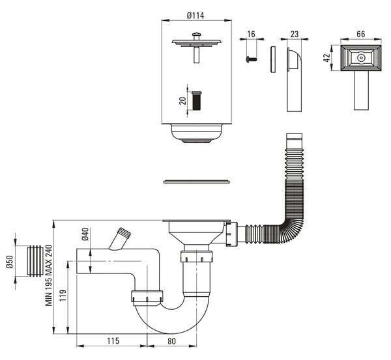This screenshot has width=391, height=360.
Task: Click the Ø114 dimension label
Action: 195,16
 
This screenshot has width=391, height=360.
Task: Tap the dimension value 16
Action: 252,34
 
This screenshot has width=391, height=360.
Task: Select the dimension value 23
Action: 295,34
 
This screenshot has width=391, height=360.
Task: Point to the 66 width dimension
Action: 361,34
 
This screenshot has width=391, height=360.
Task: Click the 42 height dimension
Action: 326,58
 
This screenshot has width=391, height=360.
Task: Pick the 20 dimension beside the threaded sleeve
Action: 183,101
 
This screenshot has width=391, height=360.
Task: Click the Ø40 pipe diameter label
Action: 85,234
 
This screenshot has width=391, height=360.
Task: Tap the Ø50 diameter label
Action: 10,262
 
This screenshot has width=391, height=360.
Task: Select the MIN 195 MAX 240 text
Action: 48,275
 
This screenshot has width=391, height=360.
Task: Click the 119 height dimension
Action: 63,296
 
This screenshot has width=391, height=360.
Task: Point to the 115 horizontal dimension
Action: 113,341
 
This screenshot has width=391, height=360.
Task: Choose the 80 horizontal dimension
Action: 171,341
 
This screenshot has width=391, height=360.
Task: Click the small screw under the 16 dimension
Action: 252,59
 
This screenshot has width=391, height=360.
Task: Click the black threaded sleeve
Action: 197,101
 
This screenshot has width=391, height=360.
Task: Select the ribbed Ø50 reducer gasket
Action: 35,261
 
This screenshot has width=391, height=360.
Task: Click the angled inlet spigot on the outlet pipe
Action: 120,239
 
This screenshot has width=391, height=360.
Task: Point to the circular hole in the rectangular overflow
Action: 360,58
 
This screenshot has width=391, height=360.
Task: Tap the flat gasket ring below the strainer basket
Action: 197,181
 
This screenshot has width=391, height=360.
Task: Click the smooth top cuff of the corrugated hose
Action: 295,138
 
